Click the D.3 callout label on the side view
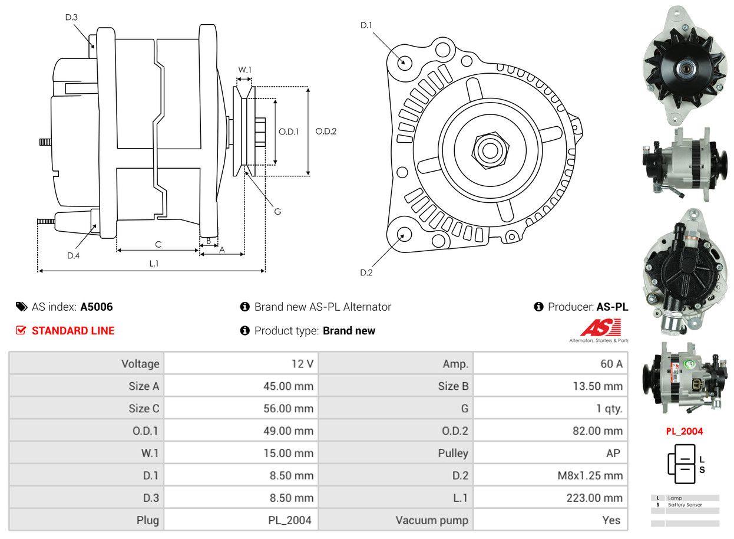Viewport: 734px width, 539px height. tap(71, 17)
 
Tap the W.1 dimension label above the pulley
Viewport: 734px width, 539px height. tap(244, 70)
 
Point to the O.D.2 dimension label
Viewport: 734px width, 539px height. tap(326, 131)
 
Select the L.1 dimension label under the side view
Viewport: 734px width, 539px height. tap(154, 264)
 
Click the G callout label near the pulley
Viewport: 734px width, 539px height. tap(277, 211)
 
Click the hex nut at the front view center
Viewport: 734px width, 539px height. tap(488, 149)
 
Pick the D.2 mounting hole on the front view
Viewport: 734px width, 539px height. tap(404, 234)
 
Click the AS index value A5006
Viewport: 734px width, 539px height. tap(97, 307)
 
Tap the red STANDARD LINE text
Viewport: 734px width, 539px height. tap(73, 331)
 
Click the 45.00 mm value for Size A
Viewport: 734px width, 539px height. tap(288, 386)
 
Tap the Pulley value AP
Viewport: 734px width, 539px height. tap(613, 453)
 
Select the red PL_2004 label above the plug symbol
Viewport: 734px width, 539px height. tap(685, 431)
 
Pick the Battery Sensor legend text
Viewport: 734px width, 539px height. tap(685, 505)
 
